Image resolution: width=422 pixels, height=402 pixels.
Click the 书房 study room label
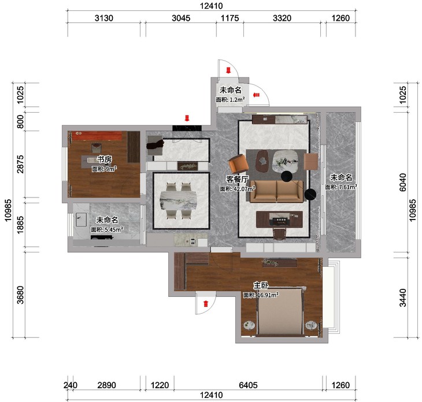[104, 159]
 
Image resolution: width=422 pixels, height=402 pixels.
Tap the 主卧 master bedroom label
[261, 285]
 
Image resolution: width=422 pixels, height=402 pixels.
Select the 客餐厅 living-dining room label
[237, 179]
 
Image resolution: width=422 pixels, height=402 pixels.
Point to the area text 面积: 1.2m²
[230, 99]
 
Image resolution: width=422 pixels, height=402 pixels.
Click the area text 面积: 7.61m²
[341, 187]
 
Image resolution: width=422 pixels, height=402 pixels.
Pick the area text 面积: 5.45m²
[107, 230]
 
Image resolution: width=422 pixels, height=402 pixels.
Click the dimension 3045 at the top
[181, 18]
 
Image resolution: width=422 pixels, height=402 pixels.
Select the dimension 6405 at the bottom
[248, 385]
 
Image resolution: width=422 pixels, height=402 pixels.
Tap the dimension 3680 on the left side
[20, 295]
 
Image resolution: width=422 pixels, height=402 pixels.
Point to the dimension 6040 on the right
[402, 183]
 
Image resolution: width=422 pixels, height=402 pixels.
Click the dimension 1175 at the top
[230, 18]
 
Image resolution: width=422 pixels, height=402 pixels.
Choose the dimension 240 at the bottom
[71, 385]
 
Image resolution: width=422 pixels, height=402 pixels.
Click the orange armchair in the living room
[238, 163]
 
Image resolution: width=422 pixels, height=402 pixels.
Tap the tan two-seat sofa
[277, 191]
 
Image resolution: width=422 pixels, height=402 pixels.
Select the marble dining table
[179, 200]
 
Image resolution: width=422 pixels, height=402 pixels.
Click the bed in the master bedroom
[280, 312]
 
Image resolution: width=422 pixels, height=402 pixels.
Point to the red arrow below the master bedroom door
[206, 304]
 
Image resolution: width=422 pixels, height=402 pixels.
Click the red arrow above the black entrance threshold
[187, 118]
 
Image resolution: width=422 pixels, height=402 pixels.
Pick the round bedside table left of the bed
[249, 325]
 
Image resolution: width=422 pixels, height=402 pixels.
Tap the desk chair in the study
[96, 148]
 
